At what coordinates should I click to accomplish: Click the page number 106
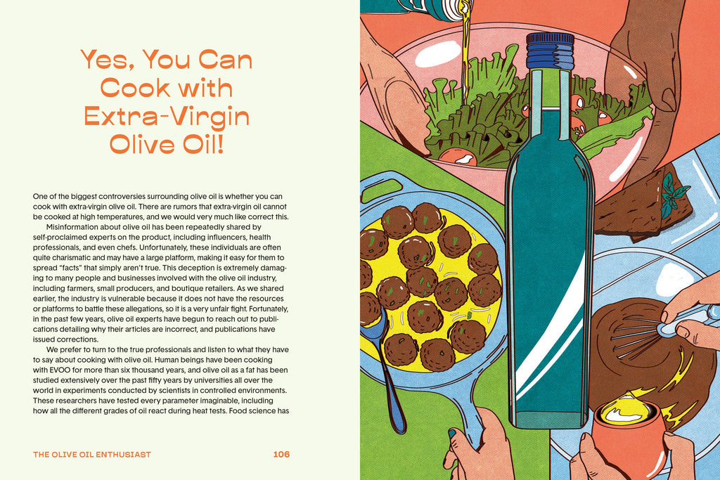click(281, 454)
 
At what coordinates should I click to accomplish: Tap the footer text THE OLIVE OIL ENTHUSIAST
click(92, 455)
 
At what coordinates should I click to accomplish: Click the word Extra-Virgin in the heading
click(167, 115)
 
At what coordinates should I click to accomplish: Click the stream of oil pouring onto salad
click(465, 49)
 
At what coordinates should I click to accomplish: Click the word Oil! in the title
click(201, 143)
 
